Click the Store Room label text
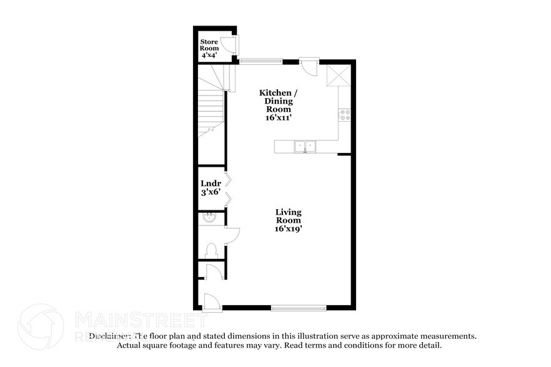[x=209, y=45]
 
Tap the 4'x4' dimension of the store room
[x=209, y=56]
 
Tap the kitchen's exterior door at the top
[x=309, y=67]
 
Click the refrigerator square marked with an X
[x=338, y=77]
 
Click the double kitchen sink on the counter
[x=305, y=146]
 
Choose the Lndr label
[x=210, y=183]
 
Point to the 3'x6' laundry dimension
[x=210, y=192]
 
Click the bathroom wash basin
[x=209, y=218]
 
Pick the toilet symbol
[x=211, y=250]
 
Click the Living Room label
[x=288, y=216]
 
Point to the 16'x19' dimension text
[x=288, y=229]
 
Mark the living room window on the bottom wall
[x=298, y=307]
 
